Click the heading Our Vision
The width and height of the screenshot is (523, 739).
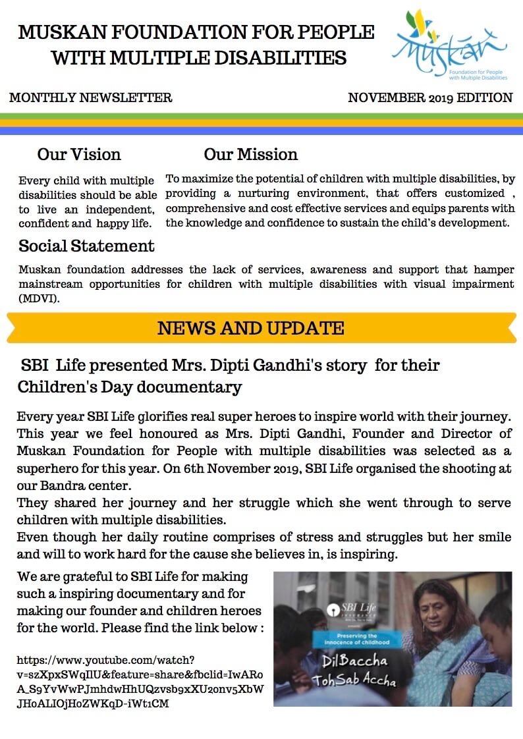tap(79, 154)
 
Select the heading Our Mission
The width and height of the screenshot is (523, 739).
tap(250, 154)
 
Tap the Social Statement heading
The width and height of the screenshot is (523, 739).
tap(86, 246)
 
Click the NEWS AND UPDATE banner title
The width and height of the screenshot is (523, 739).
tap(250, 328)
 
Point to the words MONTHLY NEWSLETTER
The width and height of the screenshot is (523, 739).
tap(90, 98)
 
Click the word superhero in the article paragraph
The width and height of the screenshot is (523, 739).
tap(48, 468)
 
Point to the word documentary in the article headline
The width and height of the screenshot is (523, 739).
tap(187, 387)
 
